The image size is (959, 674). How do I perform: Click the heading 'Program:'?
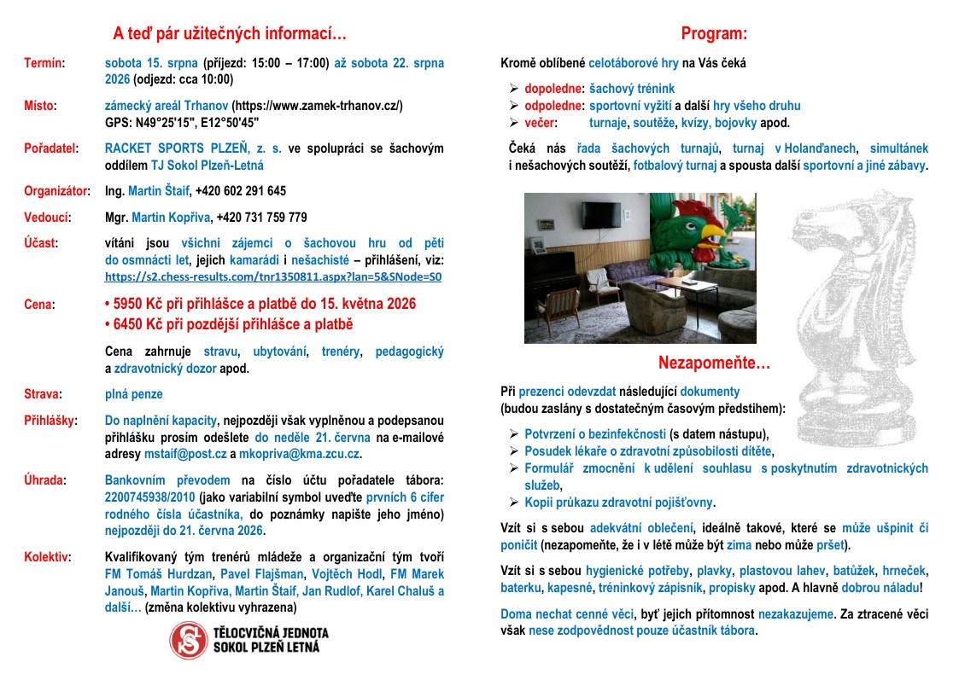pos(714,34)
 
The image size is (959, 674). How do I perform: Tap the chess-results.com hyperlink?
pos(273,277)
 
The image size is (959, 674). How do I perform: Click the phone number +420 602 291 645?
pos(241,191)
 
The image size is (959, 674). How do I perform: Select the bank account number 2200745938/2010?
pos(148,497)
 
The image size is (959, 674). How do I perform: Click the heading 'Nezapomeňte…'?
pos(714,363)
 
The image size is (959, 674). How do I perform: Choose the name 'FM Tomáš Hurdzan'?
pos(159,574)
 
